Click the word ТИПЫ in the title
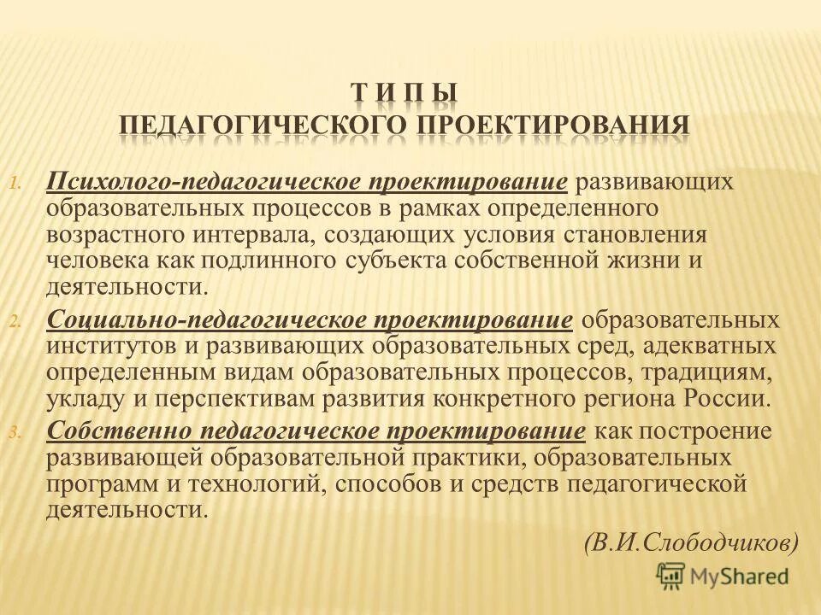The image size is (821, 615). [x=405, y=91]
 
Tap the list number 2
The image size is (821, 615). [x=38, y=322]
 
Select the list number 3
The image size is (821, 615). [x=38, y=433]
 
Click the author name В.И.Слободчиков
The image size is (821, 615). [x=693, y=540]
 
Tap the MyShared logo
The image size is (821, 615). [x=723, y=577]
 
